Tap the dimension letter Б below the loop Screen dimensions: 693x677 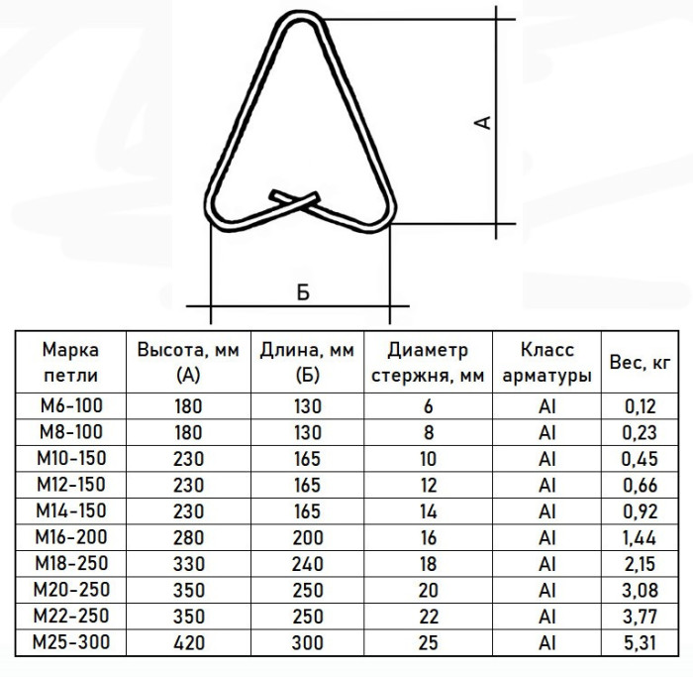(303, 292)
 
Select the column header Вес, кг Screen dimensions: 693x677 (640, 363)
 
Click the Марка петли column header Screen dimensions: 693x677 (70, 363)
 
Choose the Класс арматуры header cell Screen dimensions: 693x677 (546, 363)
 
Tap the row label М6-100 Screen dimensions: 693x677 (71, 405)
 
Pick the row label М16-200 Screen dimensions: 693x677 (71, 537)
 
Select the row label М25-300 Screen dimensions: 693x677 (71, 642)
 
